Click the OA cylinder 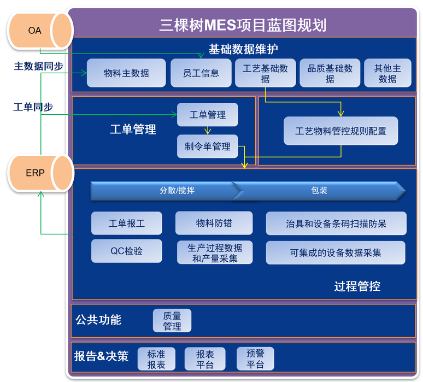(40, 31)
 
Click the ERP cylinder (41, 173)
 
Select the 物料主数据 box (126, 73)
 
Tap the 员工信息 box (201, 73)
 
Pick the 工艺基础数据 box (266, 73)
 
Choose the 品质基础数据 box (330, 73)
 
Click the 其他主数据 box (387, 73)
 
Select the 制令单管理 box (208, 146)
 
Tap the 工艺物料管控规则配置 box (340, 131)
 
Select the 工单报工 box (127, 223)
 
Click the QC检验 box (127, 251)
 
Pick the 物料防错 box (214, 223)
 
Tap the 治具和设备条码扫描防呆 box (336, 224)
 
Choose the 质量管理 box (172, 320)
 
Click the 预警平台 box (255, 359)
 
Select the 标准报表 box (156, 359)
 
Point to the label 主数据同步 (39, 66)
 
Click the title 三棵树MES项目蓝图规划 (243, 25)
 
